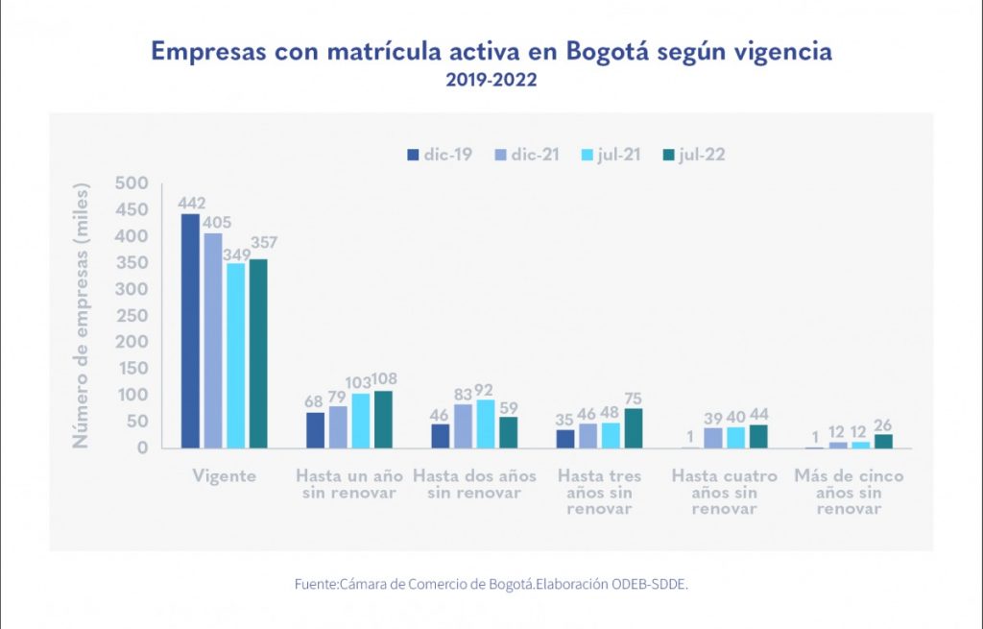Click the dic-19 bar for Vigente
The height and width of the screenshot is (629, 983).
(x=190, y=330)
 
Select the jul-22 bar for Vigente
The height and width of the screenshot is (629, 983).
(x=258, y=353)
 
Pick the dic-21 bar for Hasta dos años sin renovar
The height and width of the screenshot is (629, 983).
(x=463, y=425)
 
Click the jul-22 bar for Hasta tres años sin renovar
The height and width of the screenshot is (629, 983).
(x=634, y=428)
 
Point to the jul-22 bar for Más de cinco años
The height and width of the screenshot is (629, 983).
(x=883, y=441)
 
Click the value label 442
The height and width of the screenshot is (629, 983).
(x=190, y=204)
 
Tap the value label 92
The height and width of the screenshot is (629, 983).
(x=484, y=389)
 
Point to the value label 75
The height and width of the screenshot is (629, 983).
(x=634, y=399)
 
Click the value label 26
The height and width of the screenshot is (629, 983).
(x=884, y=424)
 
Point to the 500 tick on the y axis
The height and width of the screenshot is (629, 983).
(x=132, y=183)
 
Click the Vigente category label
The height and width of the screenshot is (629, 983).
(x=224, y=476)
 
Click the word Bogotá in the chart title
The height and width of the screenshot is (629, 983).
(x=570, y=52)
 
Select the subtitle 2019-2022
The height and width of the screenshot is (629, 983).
(x=491, y=81)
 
